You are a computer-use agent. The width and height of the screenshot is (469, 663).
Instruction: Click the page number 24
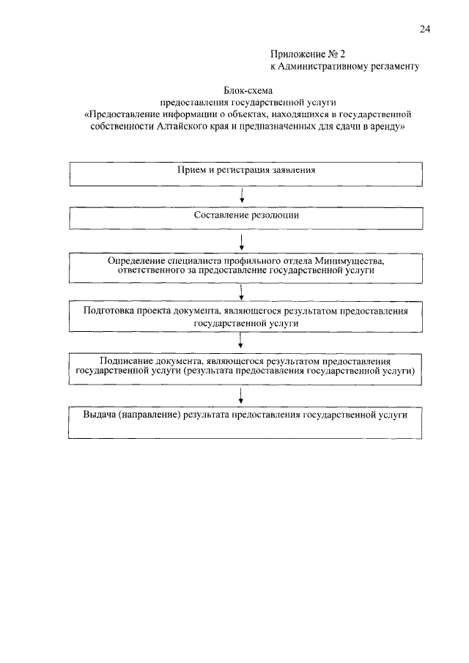tap(424, 29)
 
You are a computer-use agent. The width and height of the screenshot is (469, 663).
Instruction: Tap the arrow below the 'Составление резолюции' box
tap(241, 241)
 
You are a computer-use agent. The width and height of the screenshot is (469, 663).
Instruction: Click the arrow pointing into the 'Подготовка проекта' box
tap(241, 293)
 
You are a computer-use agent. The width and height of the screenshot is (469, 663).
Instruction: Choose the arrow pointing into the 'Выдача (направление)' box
tap(241, 396)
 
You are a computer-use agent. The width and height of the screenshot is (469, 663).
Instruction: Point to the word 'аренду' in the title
tap(385, 126)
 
